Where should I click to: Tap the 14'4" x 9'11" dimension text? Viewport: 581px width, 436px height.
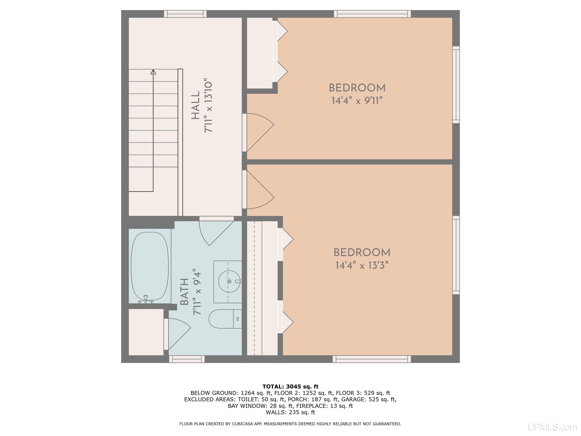click(x=357, y=101)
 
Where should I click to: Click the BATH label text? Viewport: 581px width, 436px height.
click(x=185, y=292)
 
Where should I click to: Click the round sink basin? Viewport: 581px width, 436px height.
click(x=229, y=281)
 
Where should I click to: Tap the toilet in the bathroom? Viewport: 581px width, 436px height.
click(x=224, y=319)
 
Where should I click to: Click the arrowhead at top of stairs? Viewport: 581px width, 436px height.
click(x=153, y=72)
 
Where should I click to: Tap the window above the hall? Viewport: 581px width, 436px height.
click(x=185, y=14)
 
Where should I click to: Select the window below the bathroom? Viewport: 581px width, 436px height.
click(x=187, y=359)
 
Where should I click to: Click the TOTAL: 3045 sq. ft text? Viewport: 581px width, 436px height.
click(x=290, y=387)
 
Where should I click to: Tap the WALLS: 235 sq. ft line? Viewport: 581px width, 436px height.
click(x=290, y=412)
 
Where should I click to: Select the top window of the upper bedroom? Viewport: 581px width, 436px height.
click(x=372, y=14)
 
